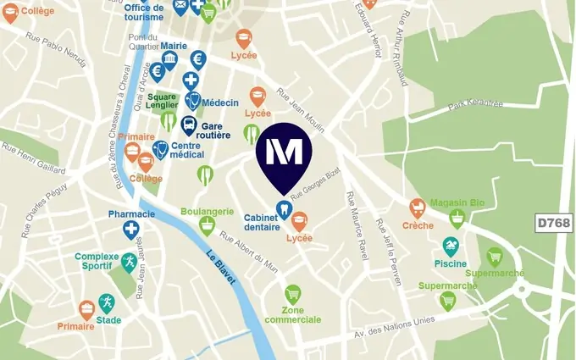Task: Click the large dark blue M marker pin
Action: click(x=284, y=156)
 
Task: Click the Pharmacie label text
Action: click(x=131, y=214)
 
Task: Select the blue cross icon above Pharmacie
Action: click(x=131, y=230)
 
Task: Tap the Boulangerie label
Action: click(x=207, y=211)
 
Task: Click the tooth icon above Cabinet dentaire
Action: click(x=284, y=208)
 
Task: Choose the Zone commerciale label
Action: click(x=292, y=315)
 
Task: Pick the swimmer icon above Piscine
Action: click(x=451, y=246)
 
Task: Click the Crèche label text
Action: click(x=418, y=226)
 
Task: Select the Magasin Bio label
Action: click(x=457, y=203)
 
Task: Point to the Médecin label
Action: click(x=220, y=102)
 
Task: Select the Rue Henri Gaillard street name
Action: click(x=34, y=157)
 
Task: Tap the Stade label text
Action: click(x=108, y=320)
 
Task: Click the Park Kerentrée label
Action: click(x=476, y=104)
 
